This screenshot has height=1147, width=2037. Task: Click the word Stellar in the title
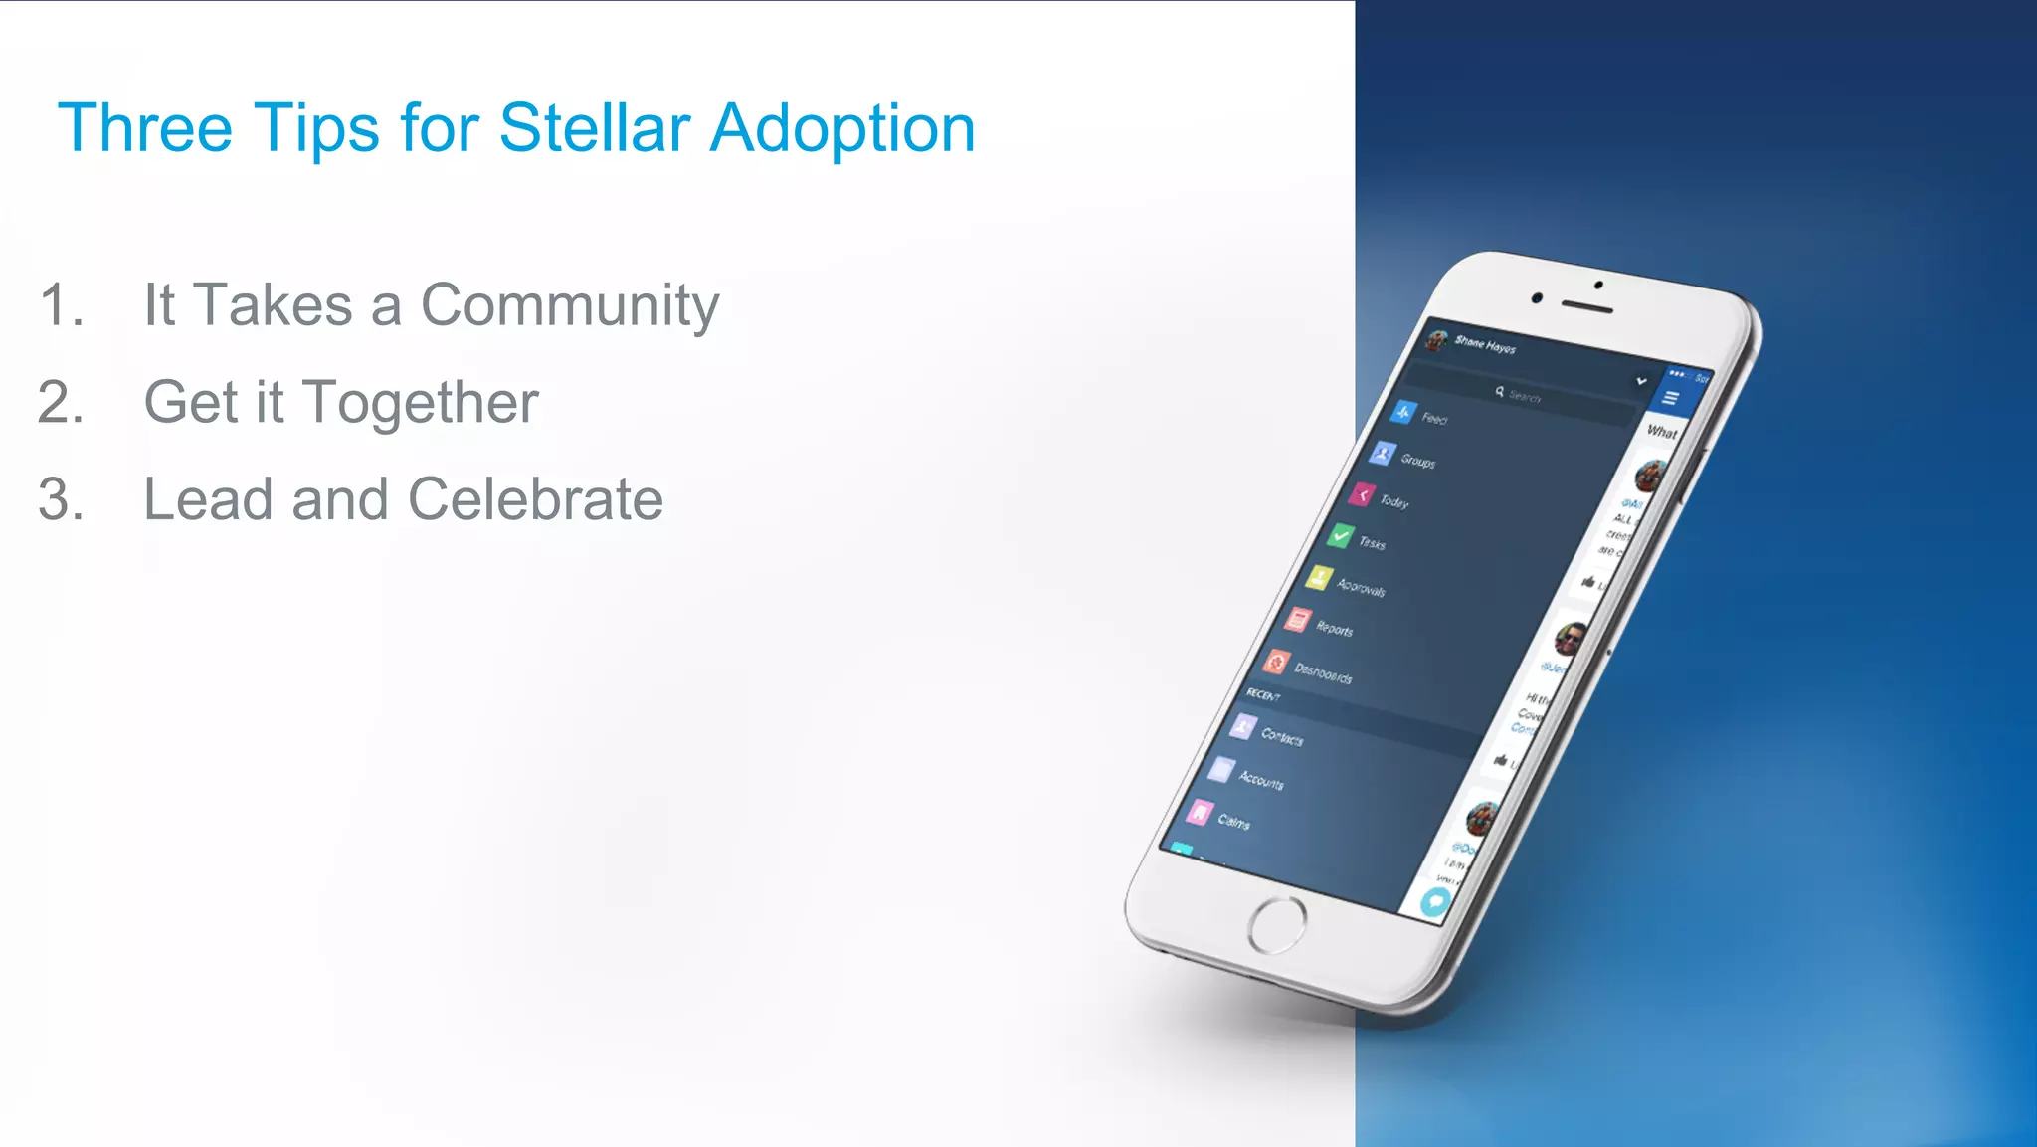[594, 128]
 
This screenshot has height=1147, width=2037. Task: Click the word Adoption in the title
[841, 130]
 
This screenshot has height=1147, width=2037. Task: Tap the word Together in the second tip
[420, 403]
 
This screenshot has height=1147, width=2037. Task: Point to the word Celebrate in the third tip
[535, 499]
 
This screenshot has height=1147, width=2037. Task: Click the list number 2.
[61, 403]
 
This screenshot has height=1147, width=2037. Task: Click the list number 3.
[61, 499]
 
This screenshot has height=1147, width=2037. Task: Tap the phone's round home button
[1277, 925]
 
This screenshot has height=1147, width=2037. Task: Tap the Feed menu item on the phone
[1433, 418]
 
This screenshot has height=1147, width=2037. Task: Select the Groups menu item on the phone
[1417, 461]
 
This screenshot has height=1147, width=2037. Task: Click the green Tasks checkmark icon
[1341, 536]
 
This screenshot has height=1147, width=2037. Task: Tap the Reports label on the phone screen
[1334, 629]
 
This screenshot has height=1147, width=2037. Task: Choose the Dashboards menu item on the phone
[1322, 673]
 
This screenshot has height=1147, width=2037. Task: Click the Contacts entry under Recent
[1281, 737]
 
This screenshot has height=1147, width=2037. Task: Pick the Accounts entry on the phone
[1260, 781]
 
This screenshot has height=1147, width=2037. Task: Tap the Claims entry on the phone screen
[1233, 822]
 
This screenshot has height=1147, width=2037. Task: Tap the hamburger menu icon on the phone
[1671, 398]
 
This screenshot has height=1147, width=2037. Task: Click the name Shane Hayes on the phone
[1485, 345]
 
